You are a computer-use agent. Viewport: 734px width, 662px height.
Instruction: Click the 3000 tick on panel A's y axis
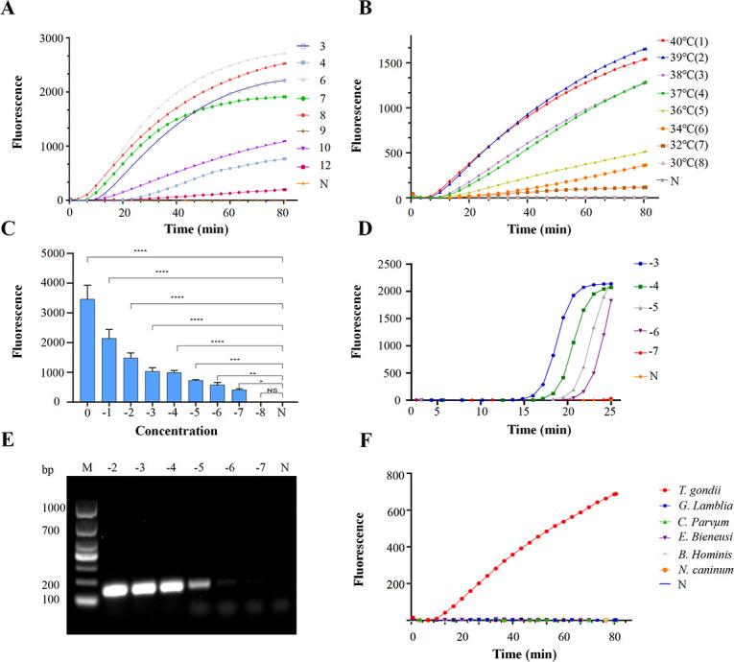[50, 37]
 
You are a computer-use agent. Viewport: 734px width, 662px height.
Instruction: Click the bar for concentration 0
[86, 350]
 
